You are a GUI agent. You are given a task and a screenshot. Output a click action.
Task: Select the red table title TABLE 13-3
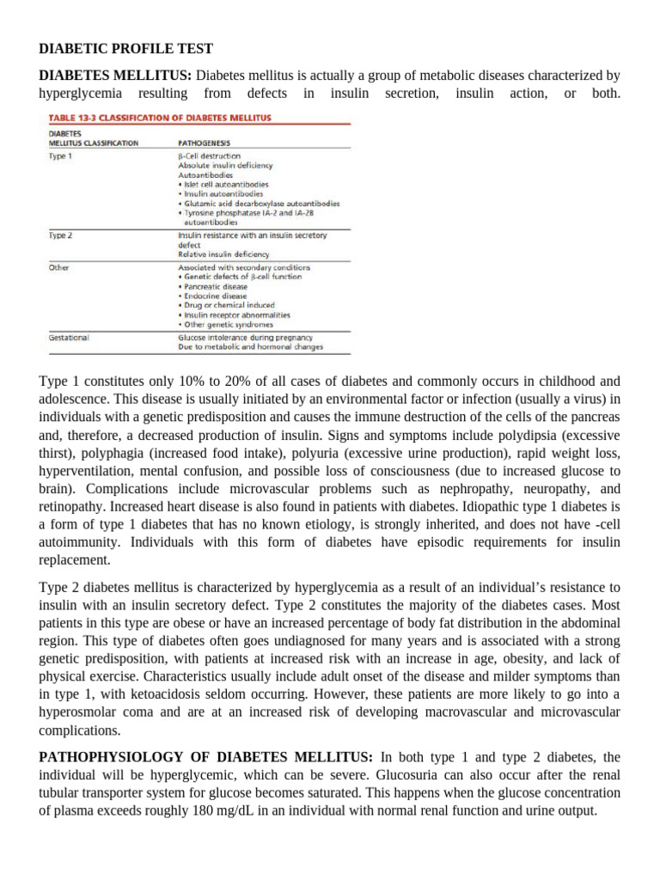(160, 117)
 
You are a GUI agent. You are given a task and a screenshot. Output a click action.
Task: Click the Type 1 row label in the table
(59, 156)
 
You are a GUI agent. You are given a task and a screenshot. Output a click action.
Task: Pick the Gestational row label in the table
(68, 338)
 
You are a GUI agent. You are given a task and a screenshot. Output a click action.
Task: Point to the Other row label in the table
(58, 267)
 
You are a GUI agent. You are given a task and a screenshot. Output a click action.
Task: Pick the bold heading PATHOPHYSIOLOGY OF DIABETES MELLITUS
(206, 756)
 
